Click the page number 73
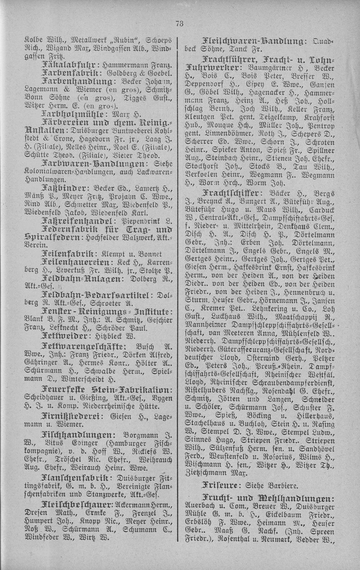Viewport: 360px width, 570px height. tap(179, 24)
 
